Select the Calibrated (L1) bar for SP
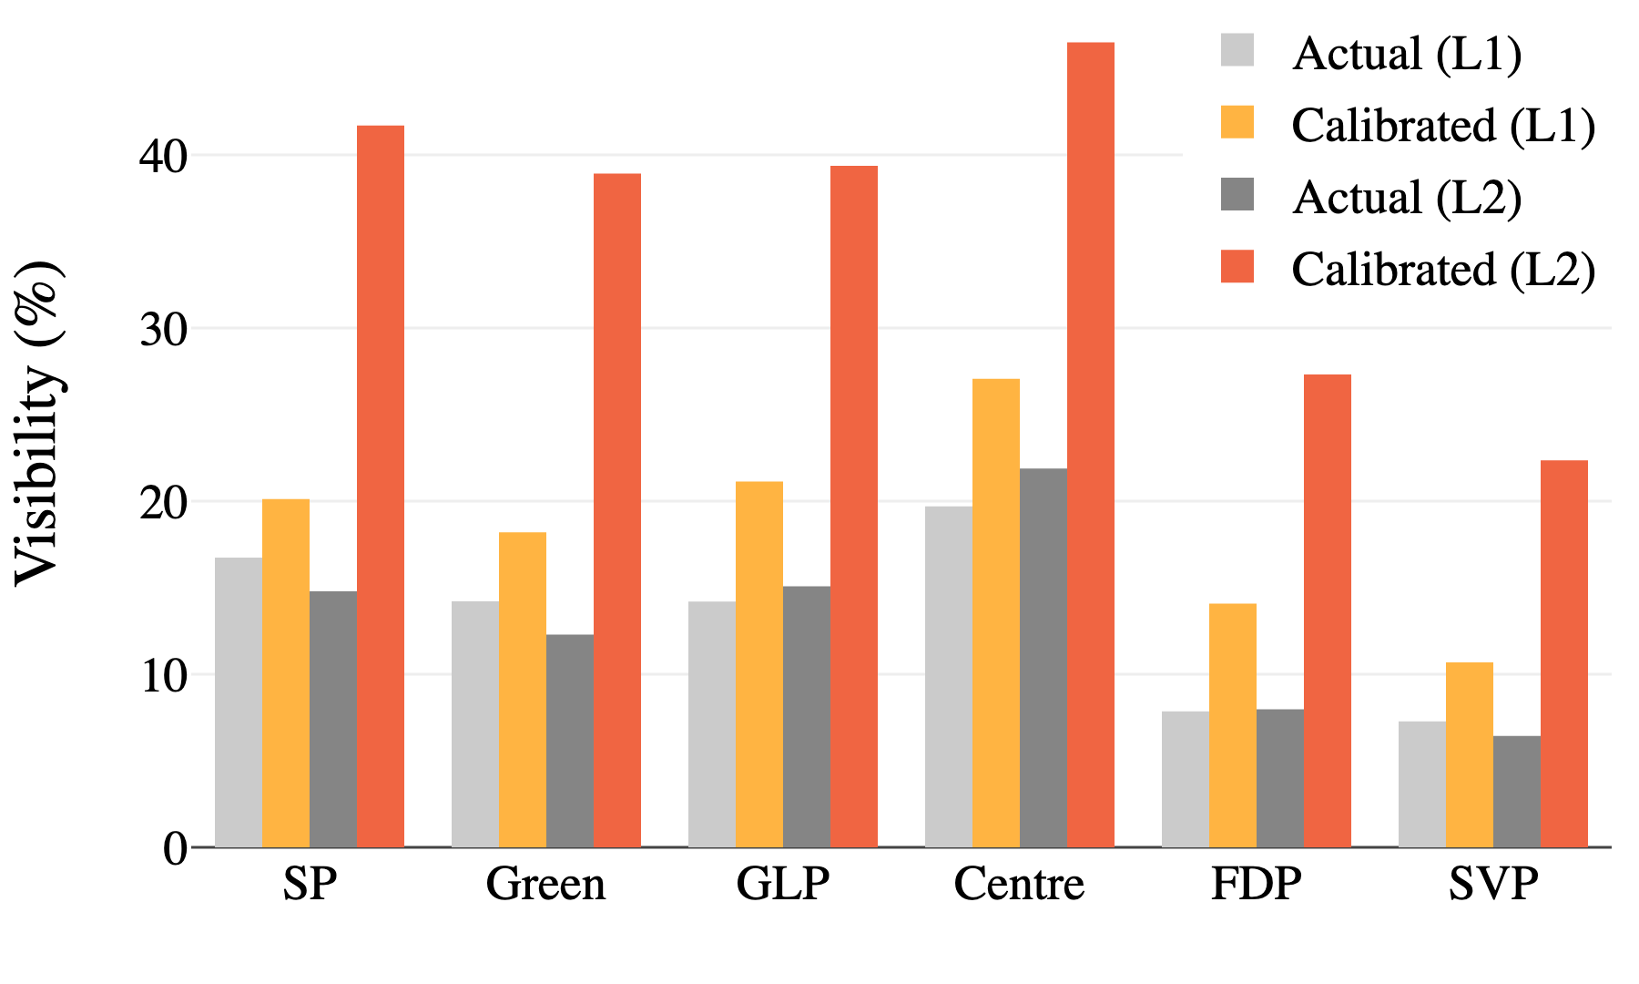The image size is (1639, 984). tap(286, 673)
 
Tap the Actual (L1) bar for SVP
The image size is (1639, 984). tap(1421, 784)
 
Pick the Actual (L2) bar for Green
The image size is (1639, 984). tap(570, 741)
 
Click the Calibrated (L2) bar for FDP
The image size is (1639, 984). tap(1327, 610)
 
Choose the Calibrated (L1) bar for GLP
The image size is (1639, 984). tap(759, 664)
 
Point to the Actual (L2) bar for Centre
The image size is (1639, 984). tap(1043, 658)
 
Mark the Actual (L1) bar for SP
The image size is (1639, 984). tap(239, 702)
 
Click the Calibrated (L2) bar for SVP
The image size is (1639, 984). tap(1563, 654)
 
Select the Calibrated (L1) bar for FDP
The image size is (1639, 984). tap(1232, 725)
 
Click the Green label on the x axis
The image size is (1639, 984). tap(545, 884)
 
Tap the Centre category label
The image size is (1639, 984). tap(1019, 884)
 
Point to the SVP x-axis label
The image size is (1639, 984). tap(1493, 884)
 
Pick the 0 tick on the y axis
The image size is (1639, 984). tap(175, 848)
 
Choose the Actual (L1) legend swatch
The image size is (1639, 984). tap(1237, 50)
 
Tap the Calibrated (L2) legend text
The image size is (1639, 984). tap(1443, 269)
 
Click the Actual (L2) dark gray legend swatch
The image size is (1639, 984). tap(1237, 194)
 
